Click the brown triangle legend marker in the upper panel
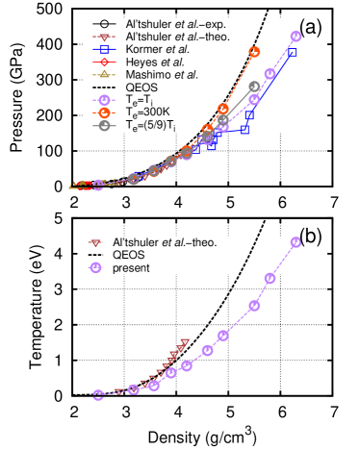(x=104, y=37)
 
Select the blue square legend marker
(x=104, y=49)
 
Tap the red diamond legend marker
(x=104, y=62)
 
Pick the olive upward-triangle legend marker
(x=104, y=74)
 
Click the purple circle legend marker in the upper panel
(x=104, y=100)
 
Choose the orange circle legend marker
(x=104, y=112)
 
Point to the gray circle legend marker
(x=104, y=125)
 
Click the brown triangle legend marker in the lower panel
(x=95, y=243)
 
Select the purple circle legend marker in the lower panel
(x=95, y=267)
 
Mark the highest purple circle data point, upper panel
(x=296, y=37)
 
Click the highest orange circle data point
(x=254, y=52)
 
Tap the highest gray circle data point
(x=254, y=87)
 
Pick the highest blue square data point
(x=293, y=53)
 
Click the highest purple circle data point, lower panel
(x=296, y=242)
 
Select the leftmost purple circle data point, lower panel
(x=98, y=394)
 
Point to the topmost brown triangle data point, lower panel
(x=186, y=341)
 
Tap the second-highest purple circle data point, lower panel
(x=270, y=278)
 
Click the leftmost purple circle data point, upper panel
(x=98, y=185)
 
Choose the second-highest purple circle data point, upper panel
(x=270, y=74)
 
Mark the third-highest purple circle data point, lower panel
(x=254, y=306)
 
